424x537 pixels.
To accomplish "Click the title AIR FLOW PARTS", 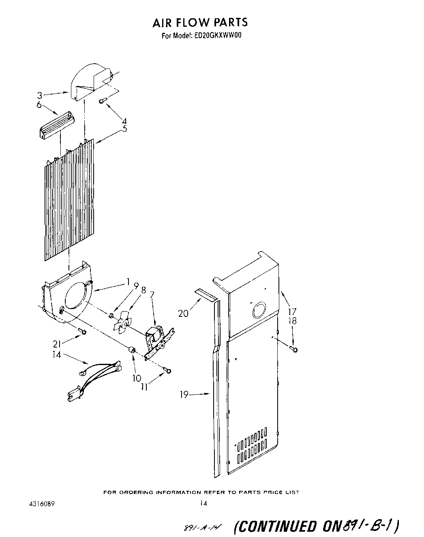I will tap(200, 22).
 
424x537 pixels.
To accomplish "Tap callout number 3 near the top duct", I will tap(39, 96).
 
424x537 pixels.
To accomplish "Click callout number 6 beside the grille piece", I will tap(39, 105).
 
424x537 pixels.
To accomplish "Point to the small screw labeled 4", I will tap(103, 100).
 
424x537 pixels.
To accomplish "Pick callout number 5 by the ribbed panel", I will tap(124, 129).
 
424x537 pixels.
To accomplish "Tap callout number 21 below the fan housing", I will tap(57, 344).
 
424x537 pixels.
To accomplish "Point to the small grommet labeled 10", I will tap(132, 349).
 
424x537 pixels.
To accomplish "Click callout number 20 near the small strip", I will tap(183, 313).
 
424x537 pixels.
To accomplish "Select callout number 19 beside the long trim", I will tap(184, 394).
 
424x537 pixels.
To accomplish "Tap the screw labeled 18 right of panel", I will tap(295, 349).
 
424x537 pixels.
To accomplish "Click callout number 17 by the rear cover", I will tap(292, 312).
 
